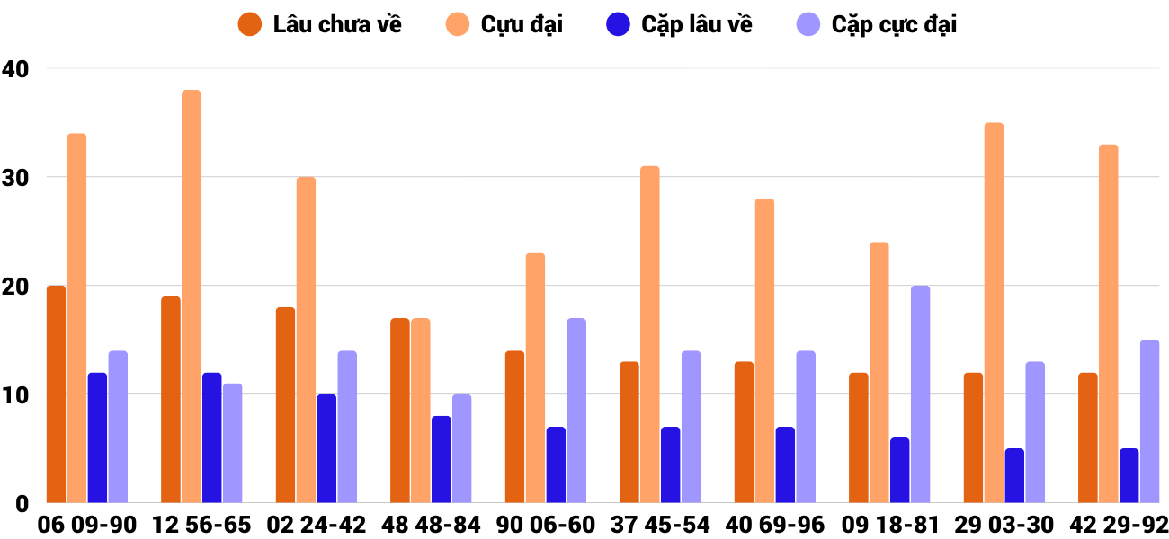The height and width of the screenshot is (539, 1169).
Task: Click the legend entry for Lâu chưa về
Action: pyautogui.click(x=319, y=24)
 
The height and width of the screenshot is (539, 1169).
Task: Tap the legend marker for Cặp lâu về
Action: pyautogui.click(x=618, y=24)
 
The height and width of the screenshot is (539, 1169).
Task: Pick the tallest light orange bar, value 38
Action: pyautogui.click(x=192, y=296)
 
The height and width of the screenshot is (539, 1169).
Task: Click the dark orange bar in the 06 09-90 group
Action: pyautogui.click(x=56, y=394)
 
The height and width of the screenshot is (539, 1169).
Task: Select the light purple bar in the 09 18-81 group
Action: pyautogui.click(x=920, y=394)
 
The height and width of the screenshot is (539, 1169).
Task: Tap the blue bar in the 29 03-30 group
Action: pyautogui.click(x=1014, y=475)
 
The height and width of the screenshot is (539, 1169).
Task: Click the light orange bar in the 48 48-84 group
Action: pyautogui.click(x=421, y=411)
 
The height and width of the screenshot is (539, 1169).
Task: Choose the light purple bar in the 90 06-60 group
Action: pyautogui.click(x=576, y=411)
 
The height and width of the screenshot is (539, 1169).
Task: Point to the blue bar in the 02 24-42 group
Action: pyautogui.click(x=326, y=448)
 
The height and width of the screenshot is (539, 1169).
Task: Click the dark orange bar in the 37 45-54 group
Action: pyautogui.click(x=629, y=432)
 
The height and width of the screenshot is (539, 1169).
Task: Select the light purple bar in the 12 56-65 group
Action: pyautogui.click(x=232, y=443)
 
